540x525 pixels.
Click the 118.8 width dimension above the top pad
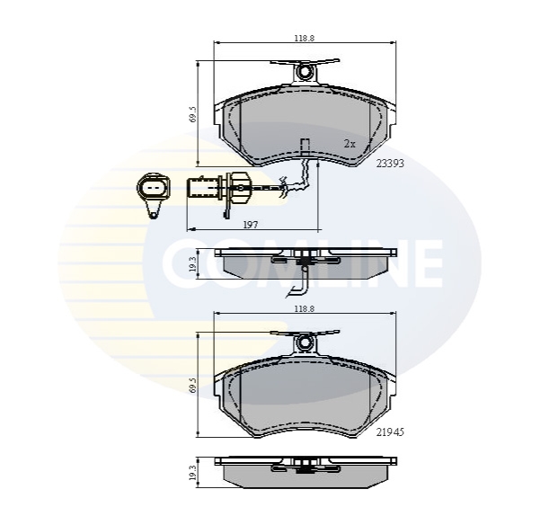coord(305,38)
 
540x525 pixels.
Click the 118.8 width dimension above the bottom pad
coord(305,309)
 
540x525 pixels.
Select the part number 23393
coord(390,164)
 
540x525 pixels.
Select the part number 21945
coord(390,432)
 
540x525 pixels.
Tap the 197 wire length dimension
coord(251,225)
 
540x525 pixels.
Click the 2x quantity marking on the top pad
coord(350,144)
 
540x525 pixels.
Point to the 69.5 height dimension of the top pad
coord(193,113)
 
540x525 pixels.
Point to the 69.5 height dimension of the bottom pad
coord(193,385)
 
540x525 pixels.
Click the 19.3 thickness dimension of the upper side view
coord(193,263)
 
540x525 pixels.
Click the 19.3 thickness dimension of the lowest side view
coord(193,472)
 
